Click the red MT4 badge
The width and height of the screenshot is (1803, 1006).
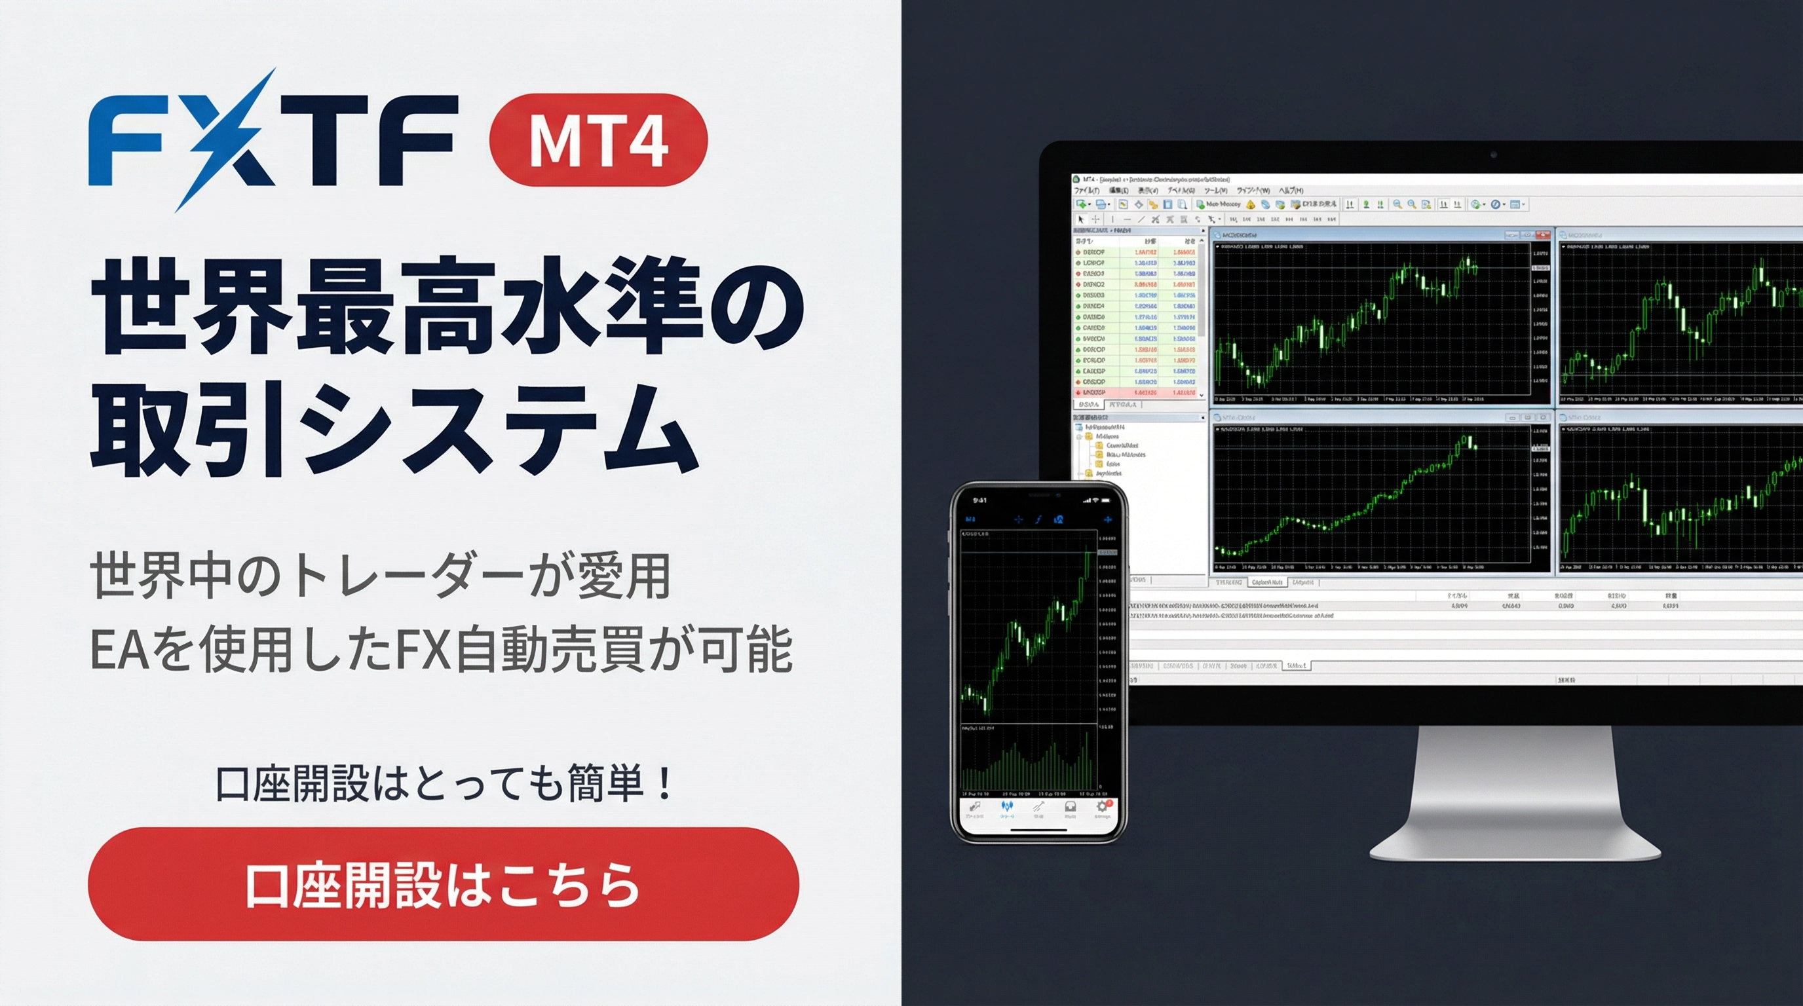point(598,140)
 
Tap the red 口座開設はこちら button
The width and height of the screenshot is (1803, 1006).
point(443,884)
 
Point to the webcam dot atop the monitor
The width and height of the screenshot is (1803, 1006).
point(1493,154)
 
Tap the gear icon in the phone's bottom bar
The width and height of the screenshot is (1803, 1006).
point(1102,808)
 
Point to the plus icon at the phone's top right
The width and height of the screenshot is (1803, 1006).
point(1107,520)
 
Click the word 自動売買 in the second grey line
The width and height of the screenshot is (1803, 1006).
point(548,650)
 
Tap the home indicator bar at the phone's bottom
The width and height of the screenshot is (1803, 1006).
point(1038,830)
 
